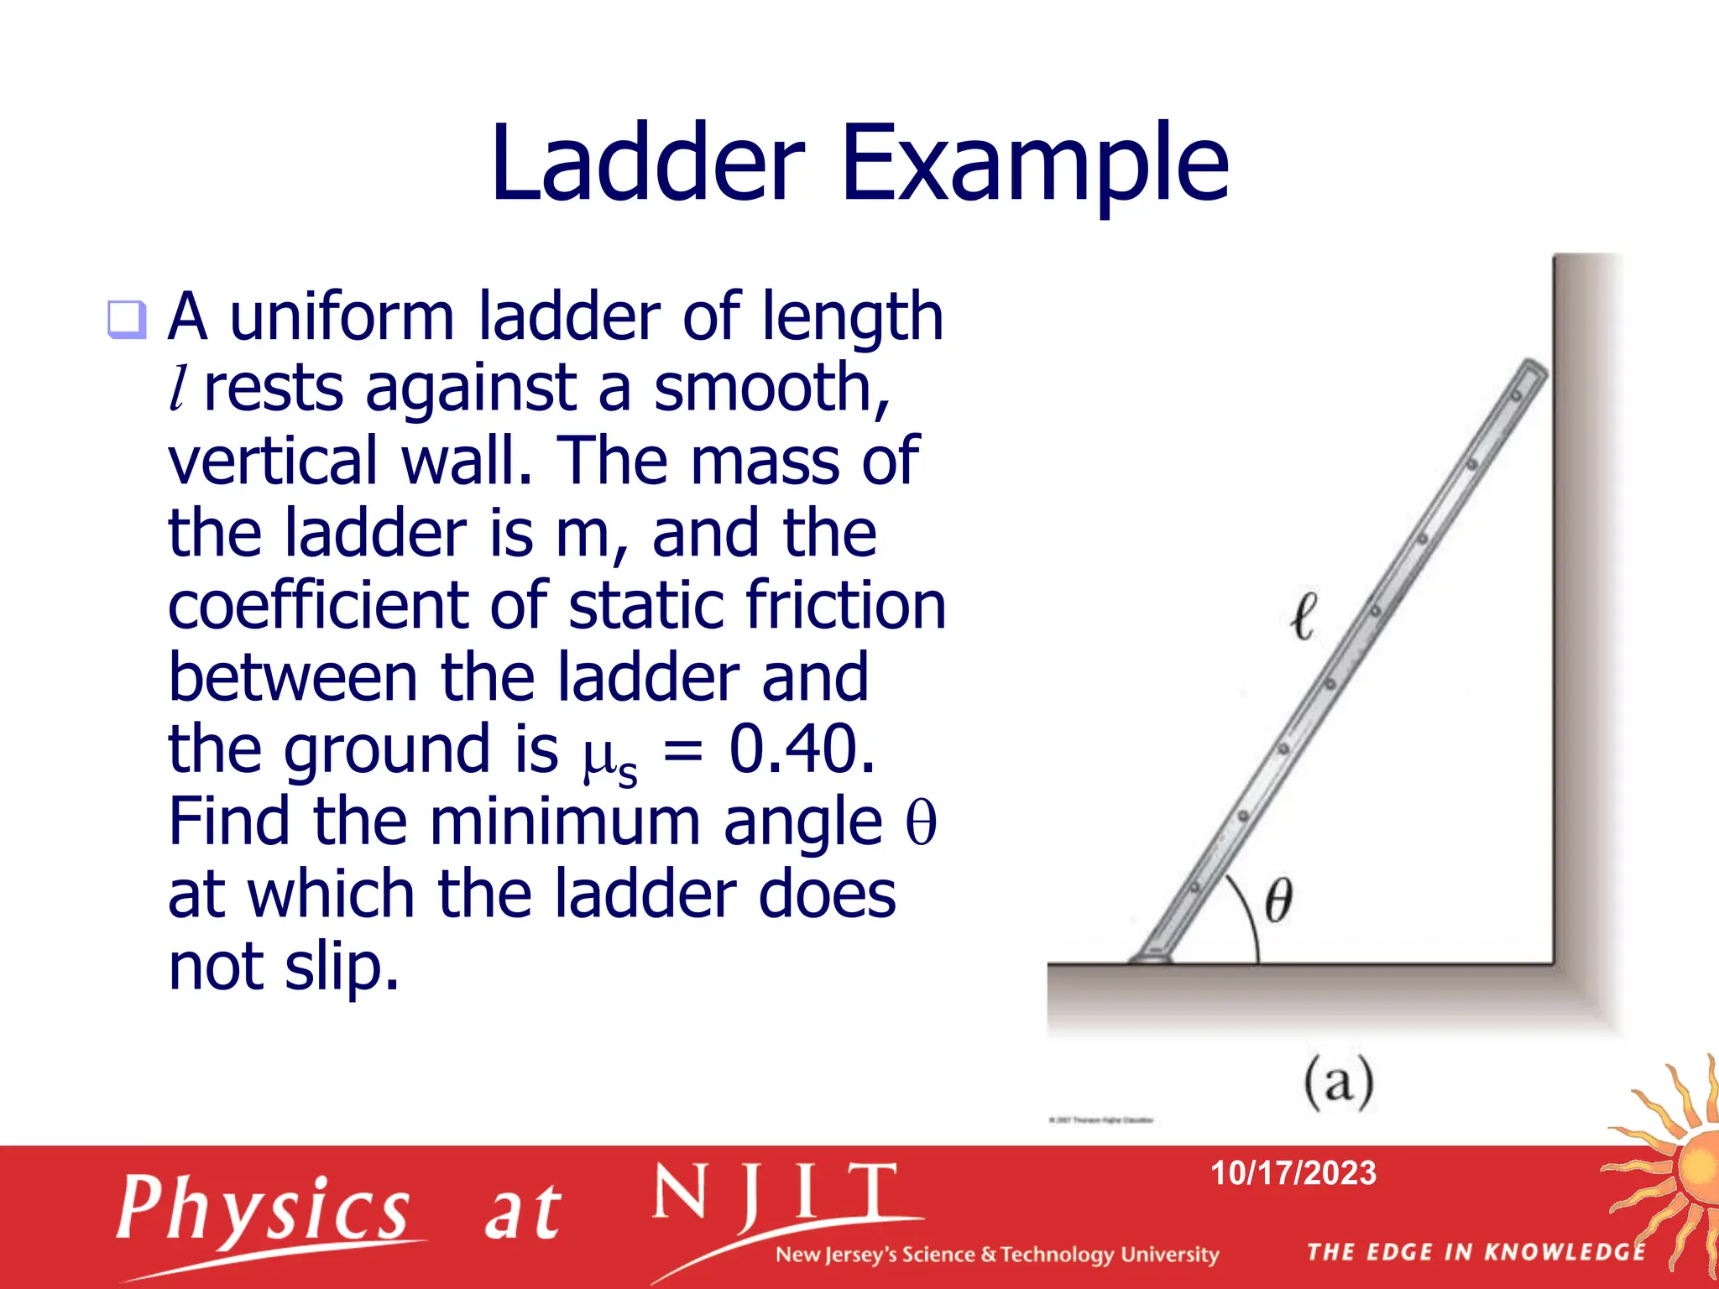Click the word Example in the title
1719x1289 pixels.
(x=1034, y=164)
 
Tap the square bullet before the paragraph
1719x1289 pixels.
(x=127, y=320)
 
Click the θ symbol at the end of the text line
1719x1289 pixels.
(x=921, y=822)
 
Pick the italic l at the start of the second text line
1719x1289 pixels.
(x=178, y=389)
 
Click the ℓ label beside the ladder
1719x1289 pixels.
(x=1304, y=617)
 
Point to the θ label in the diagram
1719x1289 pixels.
(x=1277, y=900)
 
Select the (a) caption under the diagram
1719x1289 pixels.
(x=1339, y=1083)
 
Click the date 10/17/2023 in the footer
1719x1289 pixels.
(x=1293, y=1173)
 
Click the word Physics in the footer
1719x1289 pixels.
(x=263, y=1209)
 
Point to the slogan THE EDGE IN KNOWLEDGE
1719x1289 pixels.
(x=1476, y=1252)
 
